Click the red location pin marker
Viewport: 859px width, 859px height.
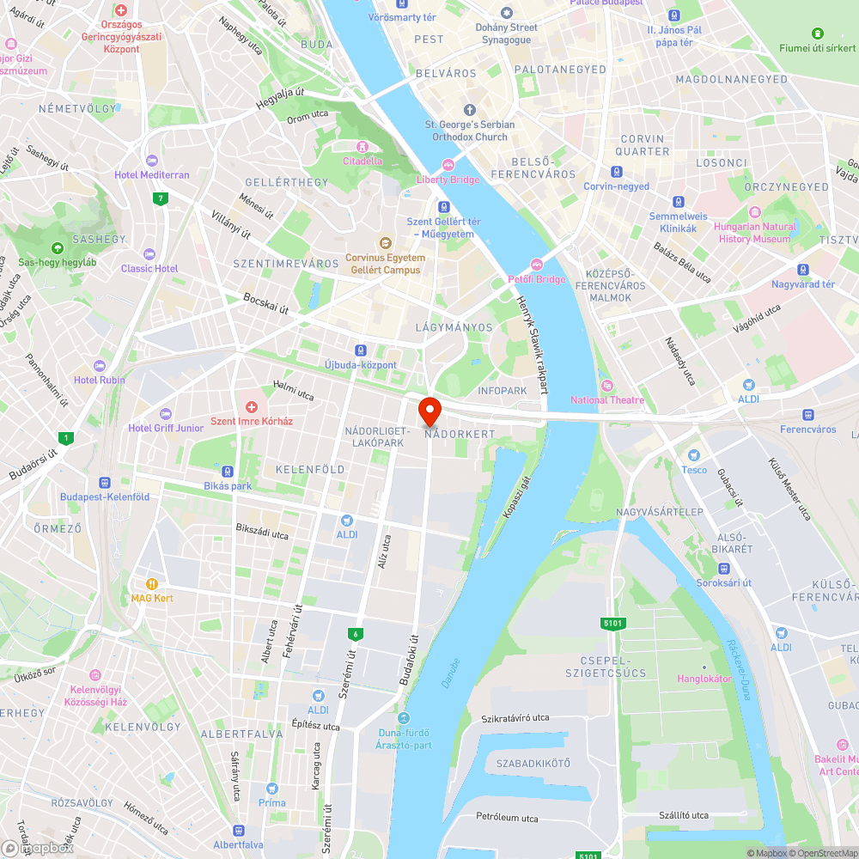coord(429,409)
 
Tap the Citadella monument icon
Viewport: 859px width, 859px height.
coord(362,147)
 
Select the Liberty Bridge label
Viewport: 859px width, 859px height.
coord(448,180)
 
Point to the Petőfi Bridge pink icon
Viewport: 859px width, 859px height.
coord(538,264)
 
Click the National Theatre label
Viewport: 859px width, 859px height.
coord(607,399)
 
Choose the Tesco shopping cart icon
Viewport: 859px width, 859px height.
coord(694,455)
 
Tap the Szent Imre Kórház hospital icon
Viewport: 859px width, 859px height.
coord(252,406)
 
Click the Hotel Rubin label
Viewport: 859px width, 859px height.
coord(100,380)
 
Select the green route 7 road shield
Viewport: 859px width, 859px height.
coord(160,198)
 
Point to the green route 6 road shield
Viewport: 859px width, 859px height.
coord(354,634)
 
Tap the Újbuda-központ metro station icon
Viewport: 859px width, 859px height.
coord(361,350)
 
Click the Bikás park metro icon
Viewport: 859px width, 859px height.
coord(228,472)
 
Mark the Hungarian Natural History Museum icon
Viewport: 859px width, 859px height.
coord(755,212)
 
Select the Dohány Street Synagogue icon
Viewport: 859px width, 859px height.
coord(507,13)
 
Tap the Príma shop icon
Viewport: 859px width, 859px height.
coord(272,789)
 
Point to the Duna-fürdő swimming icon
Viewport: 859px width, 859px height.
coord(404,718)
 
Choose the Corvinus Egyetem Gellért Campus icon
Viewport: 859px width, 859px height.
coord(386,244)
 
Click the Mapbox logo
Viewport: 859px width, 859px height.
coord(38,847)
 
